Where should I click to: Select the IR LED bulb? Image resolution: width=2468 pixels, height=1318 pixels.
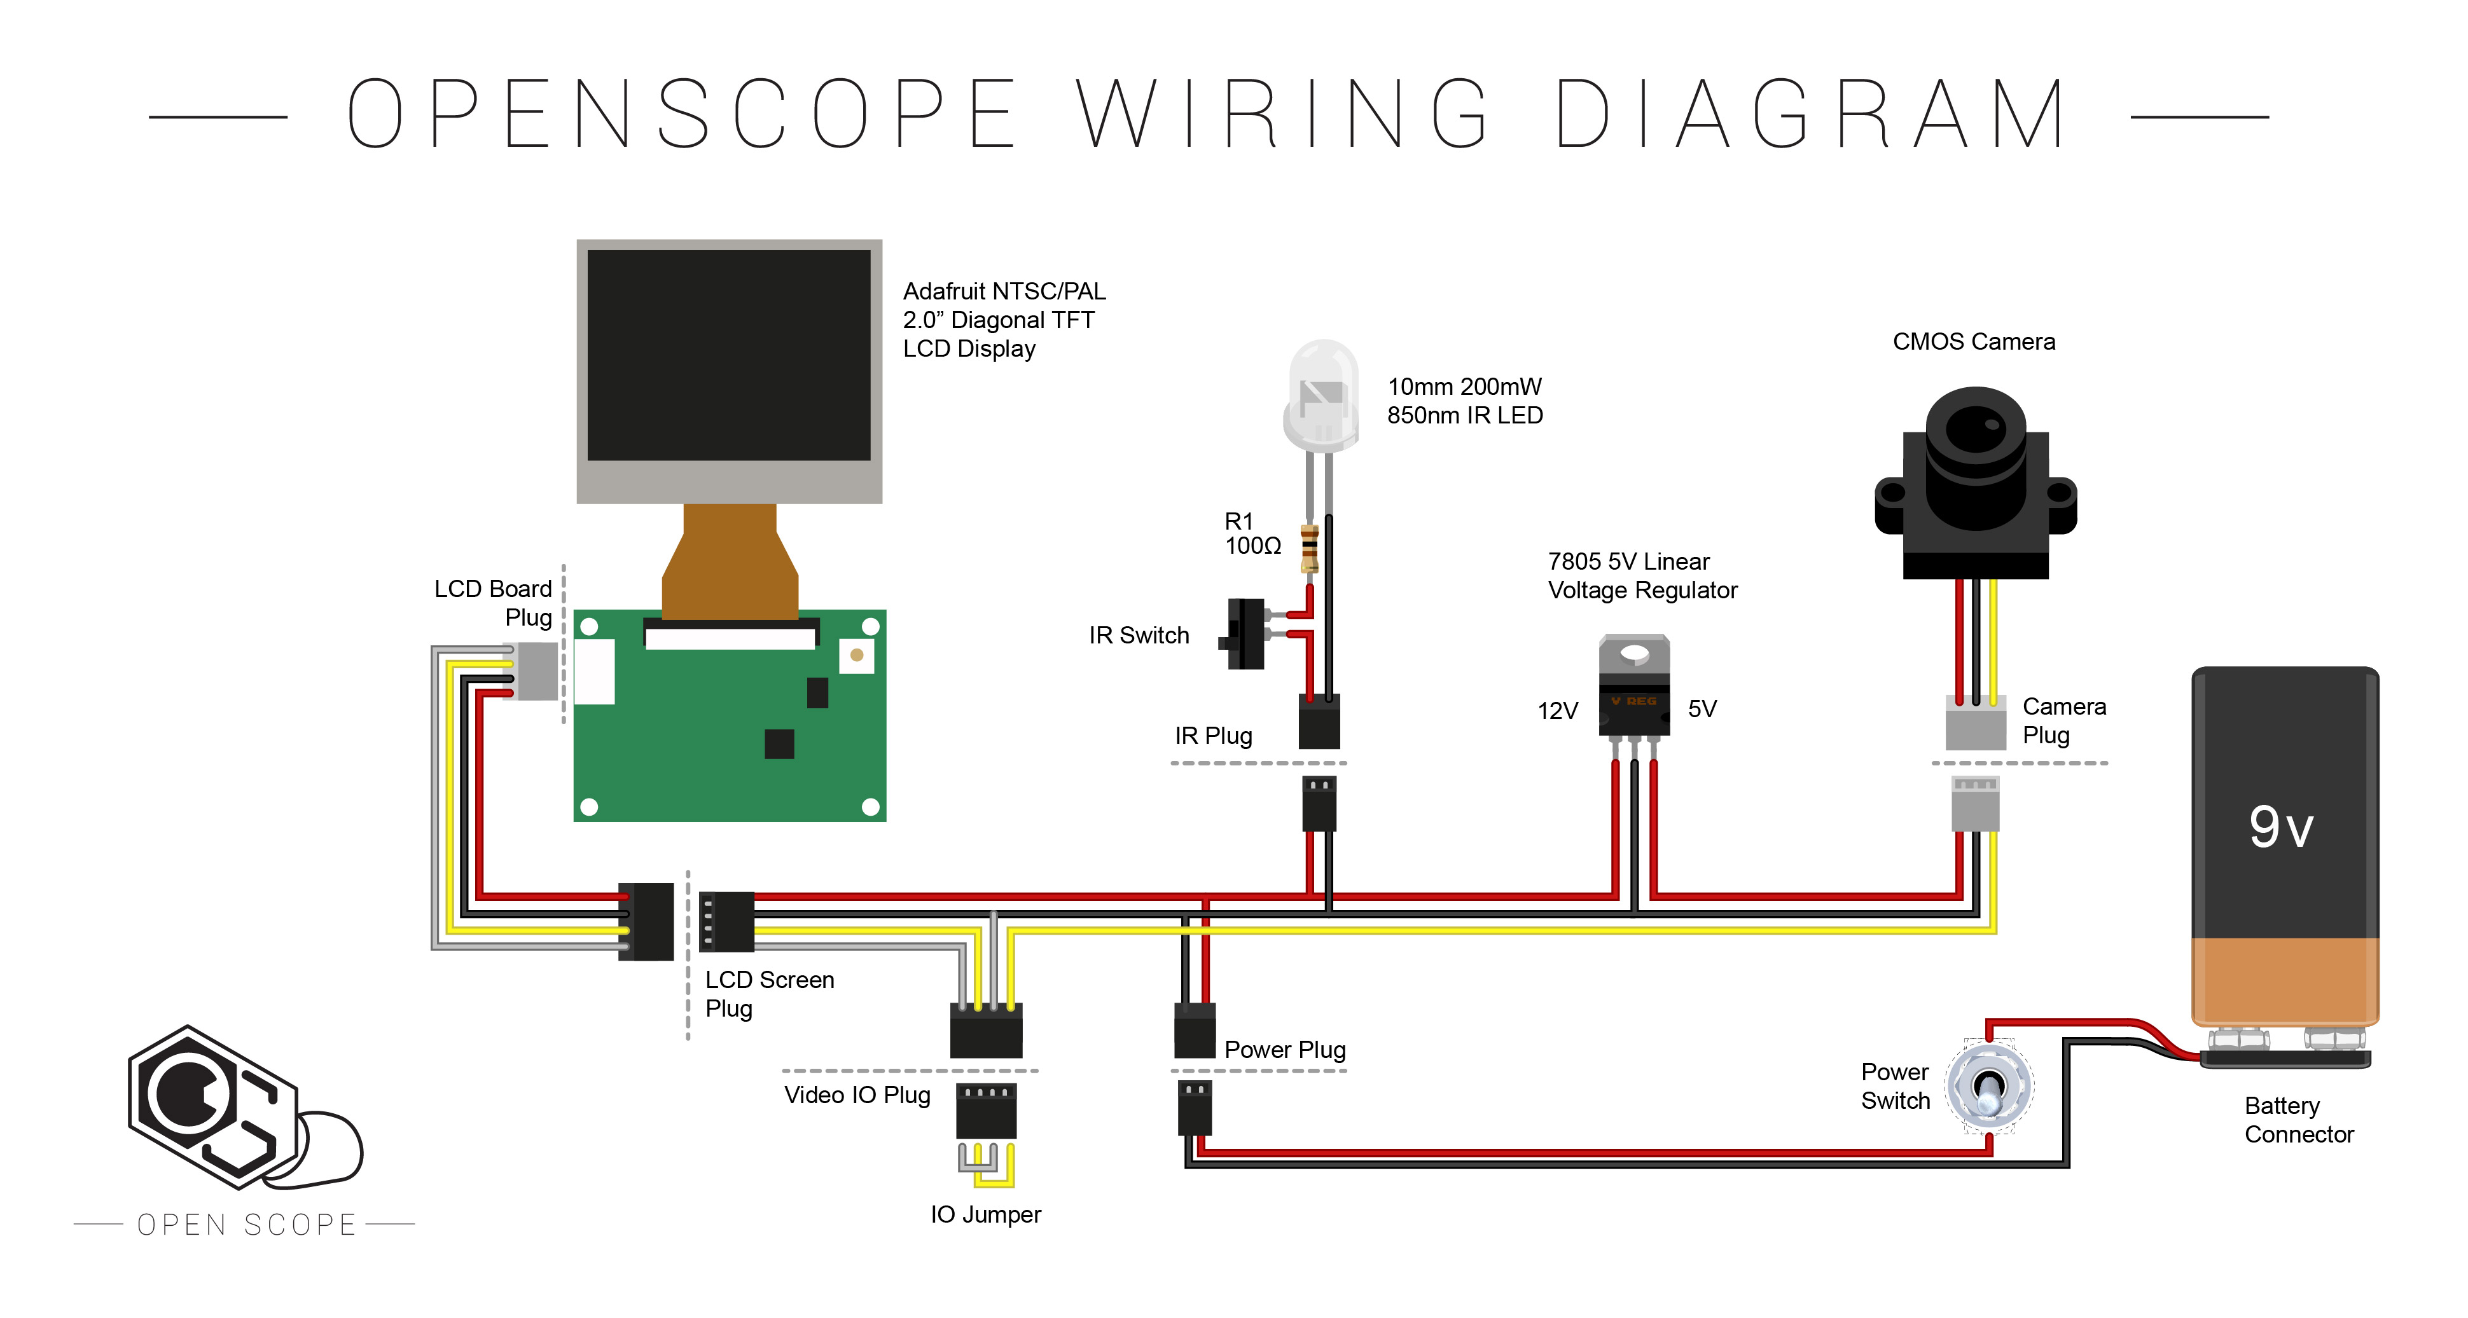point(1323,395)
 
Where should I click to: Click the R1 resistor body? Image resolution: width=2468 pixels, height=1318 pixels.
point(1308,548)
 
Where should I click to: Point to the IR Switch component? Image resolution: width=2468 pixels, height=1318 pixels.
point(1245,633)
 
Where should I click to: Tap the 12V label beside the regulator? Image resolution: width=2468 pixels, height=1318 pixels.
point(1557,711)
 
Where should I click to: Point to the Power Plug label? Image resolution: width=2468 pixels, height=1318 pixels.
point(1285,1050)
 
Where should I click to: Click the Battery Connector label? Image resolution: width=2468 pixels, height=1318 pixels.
point(2298,1120)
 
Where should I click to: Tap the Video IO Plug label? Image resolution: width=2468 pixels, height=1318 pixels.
point(857,1095)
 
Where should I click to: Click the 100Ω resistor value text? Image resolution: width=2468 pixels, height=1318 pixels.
point(1252,546)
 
